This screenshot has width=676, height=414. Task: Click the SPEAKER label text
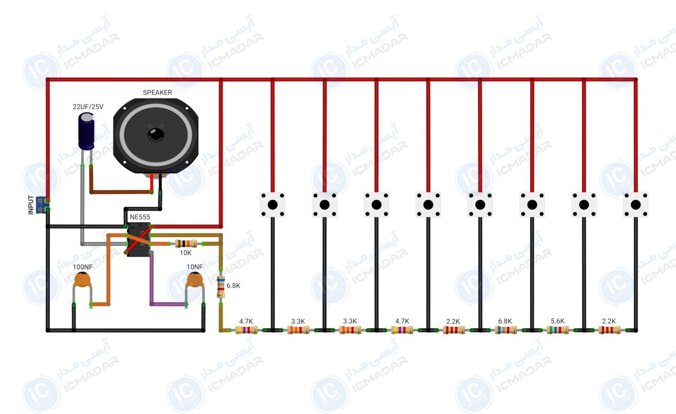click(157, 92)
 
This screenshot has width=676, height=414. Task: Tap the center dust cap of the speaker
click(156, 135)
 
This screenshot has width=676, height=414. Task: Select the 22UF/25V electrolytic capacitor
click(86, 131)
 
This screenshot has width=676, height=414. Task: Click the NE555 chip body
click(139, 240)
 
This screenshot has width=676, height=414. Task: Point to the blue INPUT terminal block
click(41, 204)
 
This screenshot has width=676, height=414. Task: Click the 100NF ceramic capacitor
click(82, 280)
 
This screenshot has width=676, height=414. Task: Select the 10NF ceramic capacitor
click(195, 280)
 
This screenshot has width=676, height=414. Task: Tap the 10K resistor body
click(186, 243)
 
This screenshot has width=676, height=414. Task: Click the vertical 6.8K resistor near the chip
click(221, 287)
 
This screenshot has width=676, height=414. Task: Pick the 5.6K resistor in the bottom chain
click(558, 330)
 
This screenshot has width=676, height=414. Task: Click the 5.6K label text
click(557, 321)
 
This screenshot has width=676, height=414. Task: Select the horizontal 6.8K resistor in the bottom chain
click(506, 330)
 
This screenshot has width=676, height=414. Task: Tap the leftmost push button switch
click(273, 204)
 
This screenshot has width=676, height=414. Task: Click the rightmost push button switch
click(635, 204)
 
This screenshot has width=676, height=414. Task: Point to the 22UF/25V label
click(88, 107)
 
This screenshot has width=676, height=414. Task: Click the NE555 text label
click(140, 217)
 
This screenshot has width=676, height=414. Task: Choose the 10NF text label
click(195, 267)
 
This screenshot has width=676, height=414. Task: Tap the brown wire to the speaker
click(121, 192)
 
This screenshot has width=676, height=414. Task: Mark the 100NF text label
click(83, 267)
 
